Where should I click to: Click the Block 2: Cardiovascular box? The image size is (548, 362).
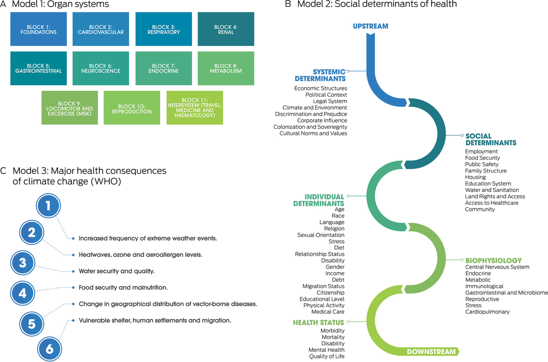(x=101, y=29)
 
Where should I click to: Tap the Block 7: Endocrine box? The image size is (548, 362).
(x=164, y=68)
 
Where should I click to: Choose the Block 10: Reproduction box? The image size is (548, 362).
(x=132, y=108)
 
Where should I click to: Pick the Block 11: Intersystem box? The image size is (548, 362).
(x=195, y=108)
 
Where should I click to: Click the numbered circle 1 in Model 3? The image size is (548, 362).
(x=48, y=207)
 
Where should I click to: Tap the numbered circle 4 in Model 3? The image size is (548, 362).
(x=23, y=293)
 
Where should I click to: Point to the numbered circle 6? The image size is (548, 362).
(x=49, y=349)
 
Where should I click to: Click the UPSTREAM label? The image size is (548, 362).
(x=370, y=26)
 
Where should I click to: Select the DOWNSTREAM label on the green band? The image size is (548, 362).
(x=431, y=352)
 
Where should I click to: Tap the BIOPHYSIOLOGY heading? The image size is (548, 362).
(x=493, y=260)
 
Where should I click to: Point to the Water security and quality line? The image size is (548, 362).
(x=116, y=271)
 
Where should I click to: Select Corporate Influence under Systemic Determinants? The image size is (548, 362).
(x=322, y=121)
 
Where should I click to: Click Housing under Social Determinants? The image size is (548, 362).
(x=475, y=177)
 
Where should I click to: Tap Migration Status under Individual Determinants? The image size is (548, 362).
(x=323, y=286)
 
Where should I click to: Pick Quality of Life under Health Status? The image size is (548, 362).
(x=326, y=356)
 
